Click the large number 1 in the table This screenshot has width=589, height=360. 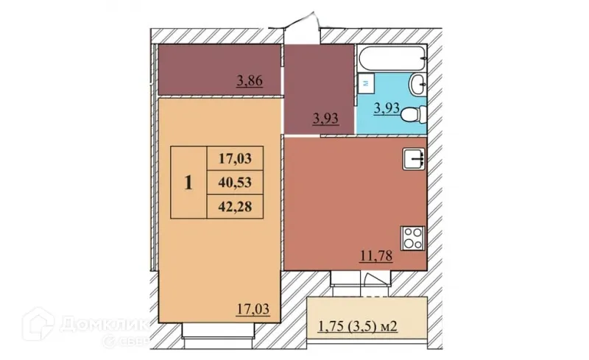(x=188, y=182)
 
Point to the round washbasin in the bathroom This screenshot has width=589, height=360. (x=417, y=84)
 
